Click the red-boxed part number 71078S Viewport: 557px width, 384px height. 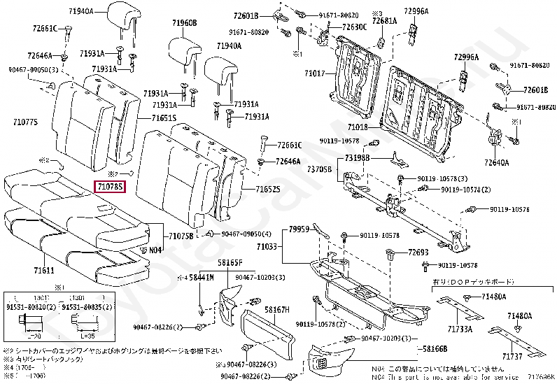coord(110,187)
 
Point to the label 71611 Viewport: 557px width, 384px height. coord(44,269)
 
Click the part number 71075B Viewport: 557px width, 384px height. coord(181,236)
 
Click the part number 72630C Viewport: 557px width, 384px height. coord(354,27)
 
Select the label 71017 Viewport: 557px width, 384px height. coord(315,73)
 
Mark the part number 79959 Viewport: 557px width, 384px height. coord(299,229)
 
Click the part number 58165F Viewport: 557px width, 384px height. coord(230,262)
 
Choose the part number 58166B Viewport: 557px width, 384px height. coord(430,348)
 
